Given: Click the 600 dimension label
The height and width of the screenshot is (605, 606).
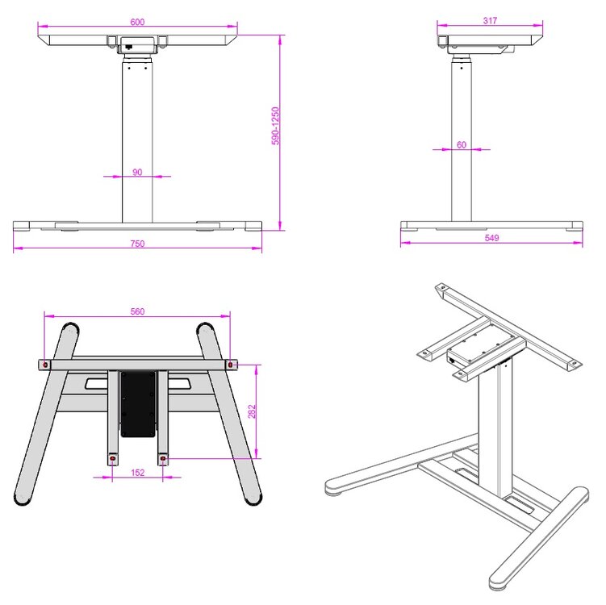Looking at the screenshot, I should (x=137, y=22).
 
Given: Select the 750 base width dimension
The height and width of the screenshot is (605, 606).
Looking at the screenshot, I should (x=137, y=244).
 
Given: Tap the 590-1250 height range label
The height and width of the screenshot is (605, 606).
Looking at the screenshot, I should (x=274, y=126).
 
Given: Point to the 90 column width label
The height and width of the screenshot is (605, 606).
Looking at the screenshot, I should (x=137, y=172).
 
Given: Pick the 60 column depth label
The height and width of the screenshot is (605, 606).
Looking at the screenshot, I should (x=462, y=144).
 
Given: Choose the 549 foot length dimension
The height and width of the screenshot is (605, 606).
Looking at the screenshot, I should (x=492, y=238).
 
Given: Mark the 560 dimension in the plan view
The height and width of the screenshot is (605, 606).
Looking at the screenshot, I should (x=137, y=311).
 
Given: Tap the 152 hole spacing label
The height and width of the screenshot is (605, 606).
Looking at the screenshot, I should (x=137, y=473).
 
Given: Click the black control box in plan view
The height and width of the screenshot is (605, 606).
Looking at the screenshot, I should (x=137, y=403).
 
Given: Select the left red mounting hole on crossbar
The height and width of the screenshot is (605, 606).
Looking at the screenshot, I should (x=45, y=365).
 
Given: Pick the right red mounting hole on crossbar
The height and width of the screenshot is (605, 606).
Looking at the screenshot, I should (x=232, y=365).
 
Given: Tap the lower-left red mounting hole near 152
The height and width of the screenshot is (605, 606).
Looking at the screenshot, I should (x=111, y=460).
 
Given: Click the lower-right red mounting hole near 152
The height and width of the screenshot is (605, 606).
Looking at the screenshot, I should (x=164, y=460).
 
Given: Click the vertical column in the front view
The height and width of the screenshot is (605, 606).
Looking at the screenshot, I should (x=137, y=137).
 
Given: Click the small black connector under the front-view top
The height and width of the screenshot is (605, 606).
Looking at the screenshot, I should (x=127, y=48).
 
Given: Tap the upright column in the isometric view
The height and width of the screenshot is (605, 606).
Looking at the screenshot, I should (x=496, y=428).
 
